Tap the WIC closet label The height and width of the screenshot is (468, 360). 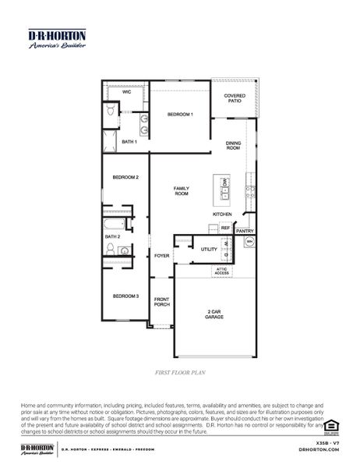click(x=126, y=92)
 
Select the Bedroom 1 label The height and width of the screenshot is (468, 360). click(x=181, y=115)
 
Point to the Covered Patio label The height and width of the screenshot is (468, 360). click(x=235, y=98)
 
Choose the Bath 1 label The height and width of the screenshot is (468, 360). click(x=129, y=142)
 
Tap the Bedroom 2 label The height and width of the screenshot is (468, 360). click(x=125, y=177)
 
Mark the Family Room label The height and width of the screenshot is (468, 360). click(x=182, y=191)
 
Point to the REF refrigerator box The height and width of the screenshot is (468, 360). click(x=225, y=228)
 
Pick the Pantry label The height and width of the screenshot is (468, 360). click(x=245, y=231)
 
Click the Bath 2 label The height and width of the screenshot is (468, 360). click(x=113, y=236)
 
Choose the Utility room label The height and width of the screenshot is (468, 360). click(x=209, y=250)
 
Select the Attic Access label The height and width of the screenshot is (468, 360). click(x=222, y=271)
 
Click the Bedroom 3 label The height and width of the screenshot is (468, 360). click(x=125, y=296)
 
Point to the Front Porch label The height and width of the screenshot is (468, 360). click(x=161, y=302)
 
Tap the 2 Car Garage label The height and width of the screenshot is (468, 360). click(x=215, y=315)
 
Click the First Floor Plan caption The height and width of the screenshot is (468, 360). click(x=180, y=373)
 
